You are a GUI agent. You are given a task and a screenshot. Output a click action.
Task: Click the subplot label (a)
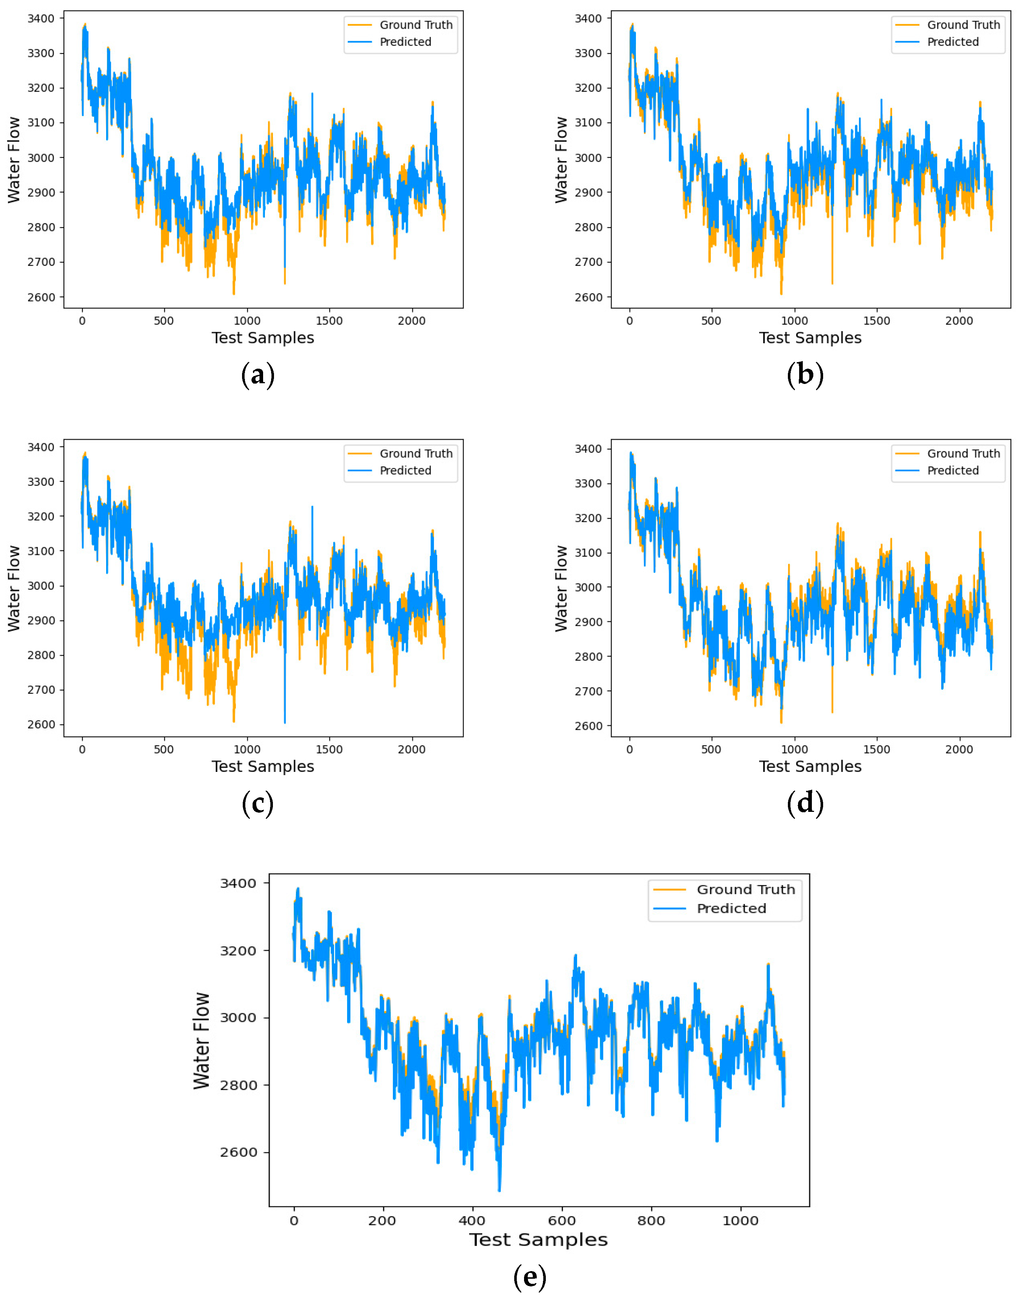pos(258,375)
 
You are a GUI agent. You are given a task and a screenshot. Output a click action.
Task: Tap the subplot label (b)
pos(805,375)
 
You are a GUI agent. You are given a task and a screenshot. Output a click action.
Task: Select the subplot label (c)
pos(258,804)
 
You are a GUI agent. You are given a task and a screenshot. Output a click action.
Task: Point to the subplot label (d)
pos(805,804)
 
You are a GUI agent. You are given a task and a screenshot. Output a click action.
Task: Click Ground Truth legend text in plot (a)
pos(416,25)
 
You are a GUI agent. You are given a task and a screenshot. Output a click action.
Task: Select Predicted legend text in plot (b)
pos(952,42)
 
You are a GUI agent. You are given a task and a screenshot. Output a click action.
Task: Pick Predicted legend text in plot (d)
pos(952,470)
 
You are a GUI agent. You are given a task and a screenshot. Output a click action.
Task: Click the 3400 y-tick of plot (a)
pos(41,19)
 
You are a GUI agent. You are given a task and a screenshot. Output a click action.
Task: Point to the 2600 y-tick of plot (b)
pos(588,297)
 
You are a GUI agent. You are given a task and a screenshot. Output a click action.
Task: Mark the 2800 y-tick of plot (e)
pos(238,1085)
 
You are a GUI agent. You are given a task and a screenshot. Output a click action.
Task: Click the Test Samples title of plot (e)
pos(538,1240)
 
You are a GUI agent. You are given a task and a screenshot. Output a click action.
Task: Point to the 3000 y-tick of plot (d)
pos(588,587)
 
